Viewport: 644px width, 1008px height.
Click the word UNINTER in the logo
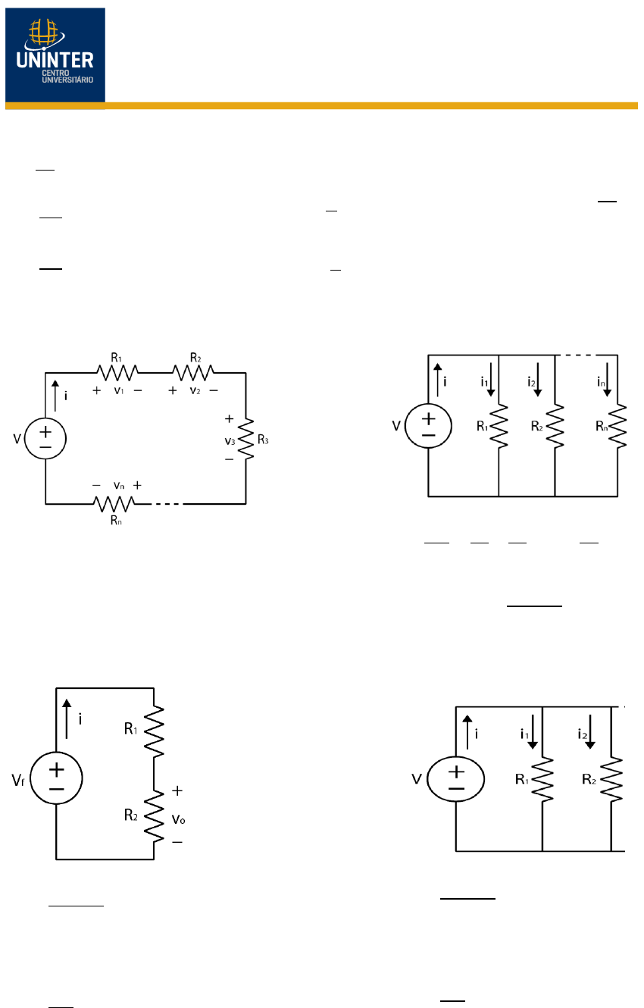coord(55,60)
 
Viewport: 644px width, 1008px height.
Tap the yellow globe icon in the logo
coord(44,33)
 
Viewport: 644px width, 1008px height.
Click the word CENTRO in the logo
coord(56,73)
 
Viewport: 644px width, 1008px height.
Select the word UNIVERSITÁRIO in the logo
coord(67,80)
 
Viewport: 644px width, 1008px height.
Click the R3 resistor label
coord(263,440)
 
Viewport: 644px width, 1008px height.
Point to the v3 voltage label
coord(230,441)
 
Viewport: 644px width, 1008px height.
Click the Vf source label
coord(18,780)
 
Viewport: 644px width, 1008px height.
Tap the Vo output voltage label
coord(178,819)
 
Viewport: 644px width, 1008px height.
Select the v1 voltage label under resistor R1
coord(118,390)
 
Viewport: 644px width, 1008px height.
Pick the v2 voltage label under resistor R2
coord(194,390)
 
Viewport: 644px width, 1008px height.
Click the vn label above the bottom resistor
coord(118,486)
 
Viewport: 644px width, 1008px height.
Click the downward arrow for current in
coord(607,380)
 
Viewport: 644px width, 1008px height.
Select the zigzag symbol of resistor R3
coord(246,439)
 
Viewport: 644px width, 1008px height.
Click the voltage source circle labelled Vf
coord(56,778)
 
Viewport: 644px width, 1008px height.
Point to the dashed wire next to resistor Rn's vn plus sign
coord(167,504)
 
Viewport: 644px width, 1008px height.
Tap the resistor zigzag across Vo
coord(154,817)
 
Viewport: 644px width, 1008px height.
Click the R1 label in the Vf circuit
coord(130,728)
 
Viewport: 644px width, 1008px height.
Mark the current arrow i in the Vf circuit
coord(67,719)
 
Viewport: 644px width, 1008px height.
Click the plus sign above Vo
coord(177,790)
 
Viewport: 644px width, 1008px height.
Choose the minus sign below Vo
coord(177,842)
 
